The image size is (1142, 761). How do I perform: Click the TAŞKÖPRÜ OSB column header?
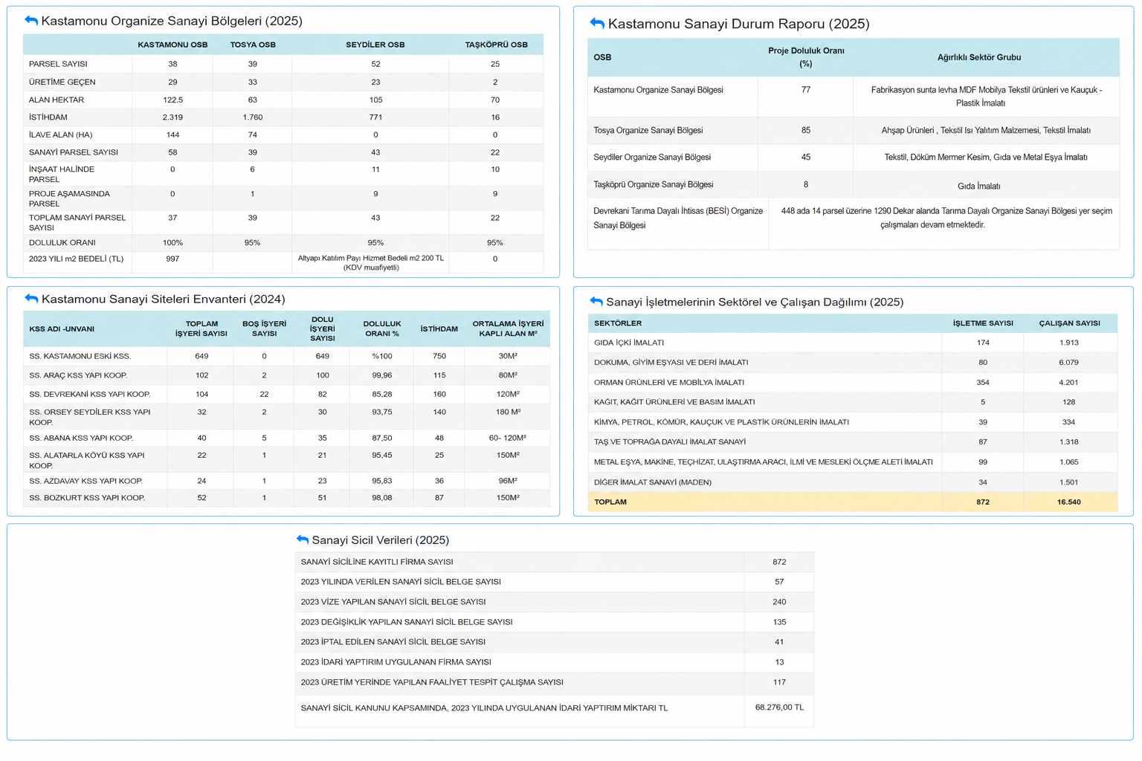tap(496, 45)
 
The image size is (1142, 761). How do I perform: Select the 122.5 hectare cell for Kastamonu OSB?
tap(172, 100)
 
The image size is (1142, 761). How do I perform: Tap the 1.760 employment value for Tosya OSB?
tap(252, 117)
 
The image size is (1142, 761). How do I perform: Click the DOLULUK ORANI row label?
tap(62, 242)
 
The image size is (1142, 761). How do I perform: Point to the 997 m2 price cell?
tap(172, 259)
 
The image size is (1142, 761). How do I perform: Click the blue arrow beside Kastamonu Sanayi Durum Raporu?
tap(597, 23)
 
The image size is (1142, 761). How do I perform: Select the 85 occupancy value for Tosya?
tap(805, 130)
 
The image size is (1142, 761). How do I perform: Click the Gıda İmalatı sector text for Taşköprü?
tap(979, 186)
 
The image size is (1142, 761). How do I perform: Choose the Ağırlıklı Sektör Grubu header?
tap(979, 57)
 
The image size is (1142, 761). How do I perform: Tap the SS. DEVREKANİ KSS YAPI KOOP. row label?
tap(90, 394)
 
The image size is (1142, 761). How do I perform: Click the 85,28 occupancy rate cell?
tap(382, 394)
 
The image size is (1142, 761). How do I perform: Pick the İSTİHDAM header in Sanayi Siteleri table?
tap(439, 328)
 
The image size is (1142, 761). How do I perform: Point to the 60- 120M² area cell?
tap(508, 438)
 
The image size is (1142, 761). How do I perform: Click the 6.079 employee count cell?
tap(1068, 363)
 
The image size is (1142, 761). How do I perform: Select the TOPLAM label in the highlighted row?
tap(610, 502)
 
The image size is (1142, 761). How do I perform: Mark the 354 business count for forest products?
tap(982, 382)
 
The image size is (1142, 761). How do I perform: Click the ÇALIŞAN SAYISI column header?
tap(1069, 323)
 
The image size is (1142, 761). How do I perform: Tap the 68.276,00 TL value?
tap(779, 707)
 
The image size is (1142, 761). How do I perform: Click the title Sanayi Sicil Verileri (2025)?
tap(381, 540)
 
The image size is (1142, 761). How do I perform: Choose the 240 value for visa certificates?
tap(779, 602)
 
